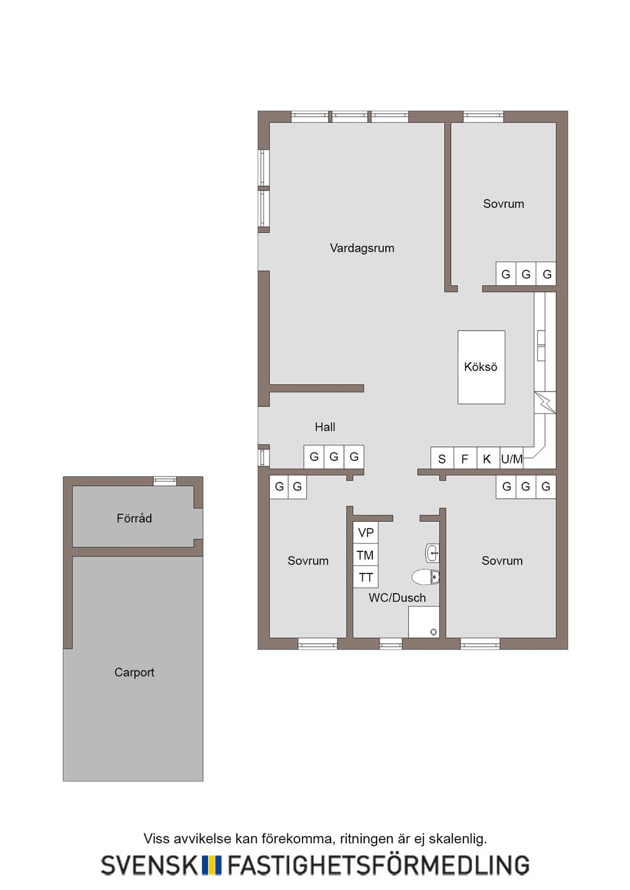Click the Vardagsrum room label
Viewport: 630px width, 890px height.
tap(362, 248)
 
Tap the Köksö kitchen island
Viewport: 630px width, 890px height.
tap(481, 367)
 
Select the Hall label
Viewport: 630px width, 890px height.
tap(325, 427)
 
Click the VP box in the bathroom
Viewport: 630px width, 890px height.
tap(365, 532)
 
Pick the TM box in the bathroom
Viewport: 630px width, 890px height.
tap(365, 555)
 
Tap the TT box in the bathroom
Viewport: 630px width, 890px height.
tap(365, 577)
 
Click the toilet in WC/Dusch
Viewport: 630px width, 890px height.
tap(425, 577)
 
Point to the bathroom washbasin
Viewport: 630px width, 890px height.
tap(432, 553)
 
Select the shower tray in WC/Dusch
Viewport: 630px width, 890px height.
tap(423, 622)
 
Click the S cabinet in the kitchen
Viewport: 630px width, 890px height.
tap(442, 458)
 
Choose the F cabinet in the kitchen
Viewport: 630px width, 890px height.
tap(465, 458)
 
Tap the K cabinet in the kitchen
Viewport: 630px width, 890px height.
tap(488, 458)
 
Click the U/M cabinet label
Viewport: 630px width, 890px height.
tap(511, 459)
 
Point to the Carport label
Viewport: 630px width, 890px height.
tap(134, 672)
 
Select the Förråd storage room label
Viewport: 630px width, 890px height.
tap(134, 518)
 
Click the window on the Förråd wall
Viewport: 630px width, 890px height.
tap(165, 481)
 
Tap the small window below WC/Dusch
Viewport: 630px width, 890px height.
tap(391, 644)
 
